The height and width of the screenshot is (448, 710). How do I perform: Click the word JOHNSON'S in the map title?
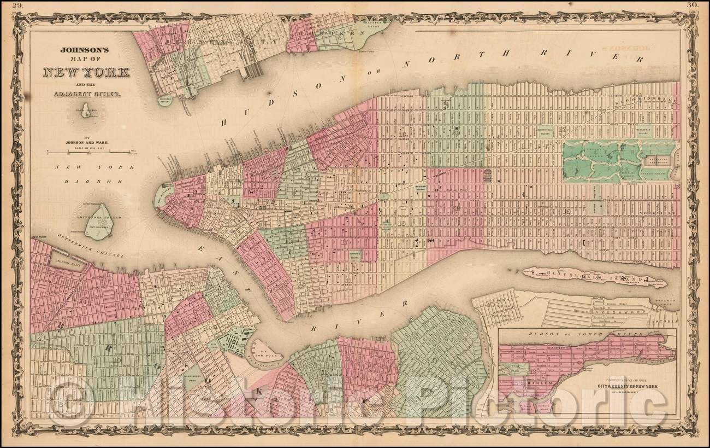(x=87, y=49)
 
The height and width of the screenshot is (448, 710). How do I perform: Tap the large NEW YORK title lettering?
(x=86, y=72)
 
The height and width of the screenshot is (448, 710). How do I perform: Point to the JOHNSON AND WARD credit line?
(x=86, y=142)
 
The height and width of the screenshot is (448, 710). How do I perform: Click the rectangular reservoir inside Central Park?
(x=658, y=161)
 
